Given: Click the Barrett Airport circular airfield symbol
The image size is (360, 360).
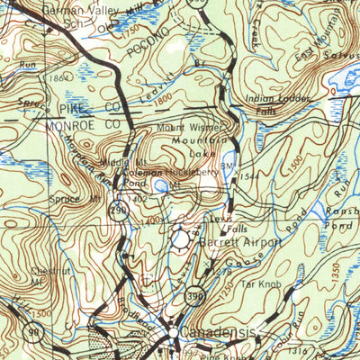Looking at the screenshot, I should pos(183,239).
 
